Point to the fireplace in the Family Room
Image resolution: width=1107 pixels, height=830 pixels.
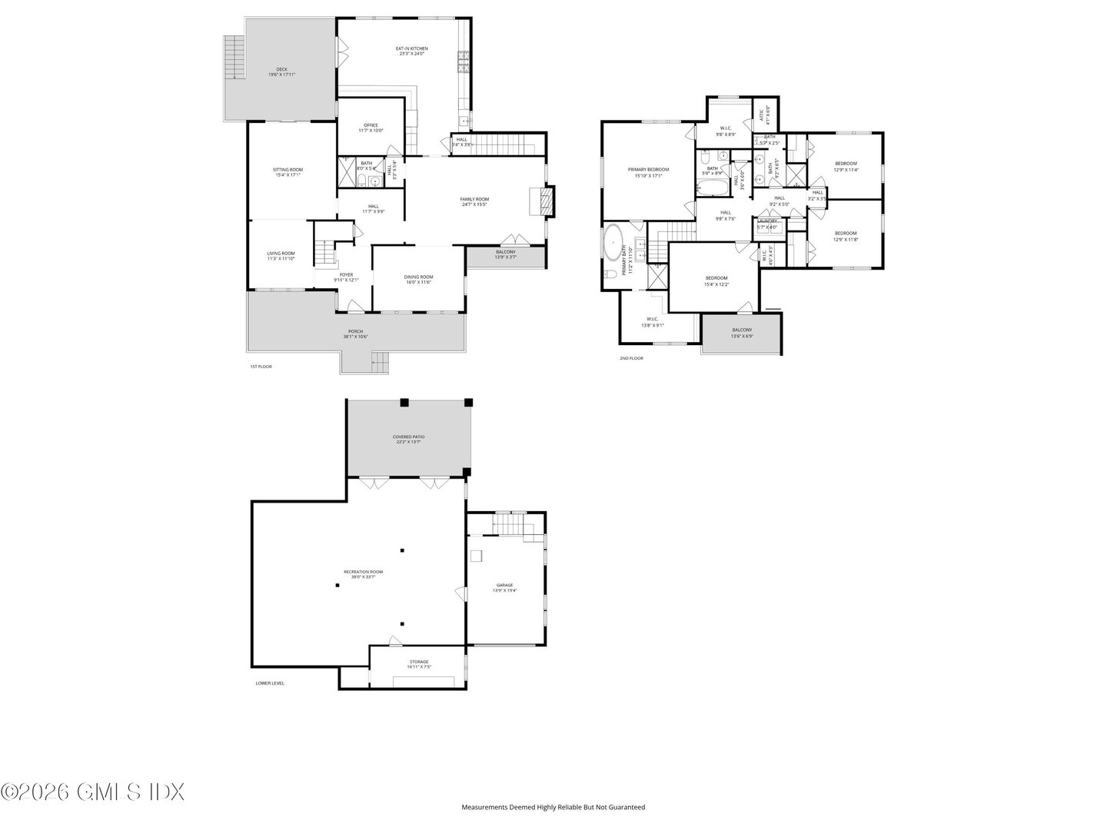(545, 202)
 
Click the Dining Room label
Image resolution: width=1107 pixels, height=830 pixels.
(418, 277)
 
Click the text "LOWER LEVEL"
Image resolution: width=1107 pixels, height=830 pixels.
(270, 683)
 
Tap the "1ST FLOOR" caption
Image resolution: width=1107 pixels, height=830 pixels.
(261, 367)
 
